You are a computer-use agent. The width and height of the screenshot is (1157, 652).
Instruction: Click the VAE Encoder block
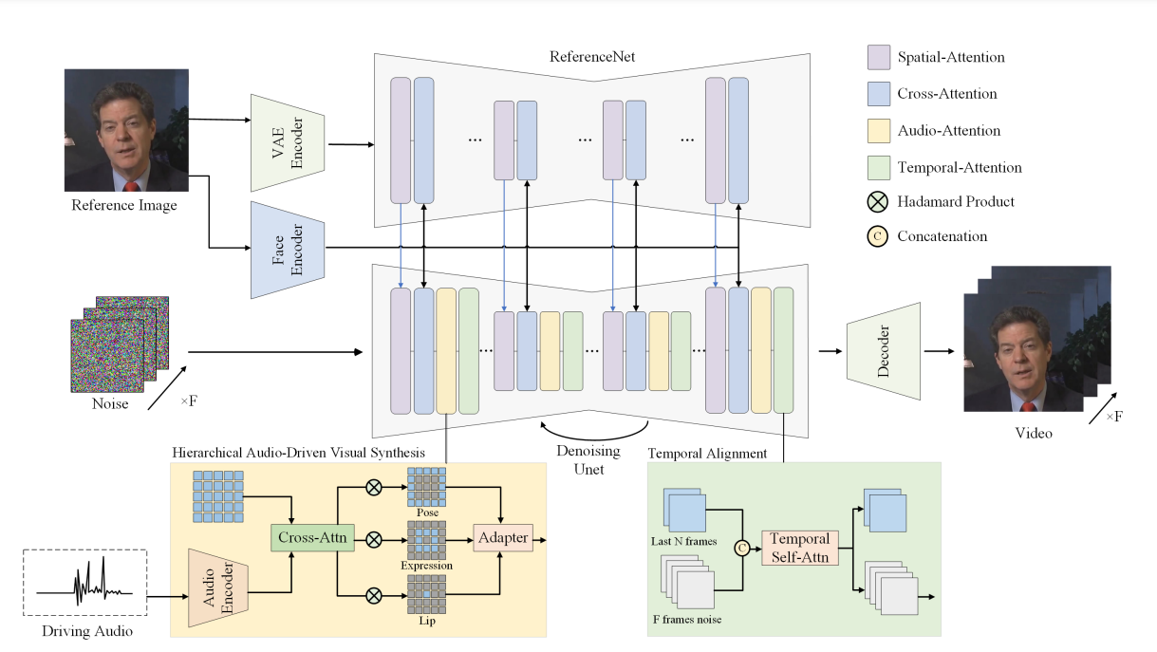[x=288, y=142]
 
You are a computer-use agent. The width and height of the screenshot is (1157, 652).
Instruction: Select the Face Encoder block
[x=288, y=249]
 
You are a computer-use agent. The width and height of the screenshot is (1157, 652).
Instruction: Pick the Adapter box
[x=502, y=537]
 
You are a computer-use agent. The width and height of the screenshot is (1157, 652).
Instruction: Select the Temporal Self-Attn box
[x=800, y=546]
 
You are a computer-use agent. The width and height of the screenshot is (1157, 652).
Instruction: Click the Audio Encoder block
[x=218, y=587]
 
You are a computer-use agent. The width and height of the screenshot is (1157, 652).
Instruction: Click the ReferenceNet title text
[x=591, y=57]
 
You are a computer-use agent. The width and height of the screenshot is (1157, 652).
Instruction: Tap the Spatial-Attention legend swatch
[x=879, y=57]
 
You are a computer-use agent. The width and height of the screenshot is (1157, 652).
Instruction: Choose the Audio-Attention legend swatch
[x=879, y=130]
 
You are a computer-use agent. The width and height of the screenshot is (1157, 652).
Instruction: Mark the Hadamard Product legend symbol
[x=879, y=201]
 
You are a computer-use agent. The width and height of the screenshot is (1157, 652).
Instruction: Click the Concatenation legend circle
[x=879, y=236]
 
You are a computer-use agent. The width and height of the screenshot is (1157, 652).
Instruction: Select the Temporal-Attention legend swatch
[x=879, y=167]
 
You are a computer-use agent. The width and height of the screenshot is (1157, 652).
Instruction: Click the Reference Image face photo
[x=126, y=130]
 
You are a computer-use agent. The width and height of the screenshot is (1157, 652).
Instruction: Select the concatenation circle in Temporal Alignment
[x=743, y=546]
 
